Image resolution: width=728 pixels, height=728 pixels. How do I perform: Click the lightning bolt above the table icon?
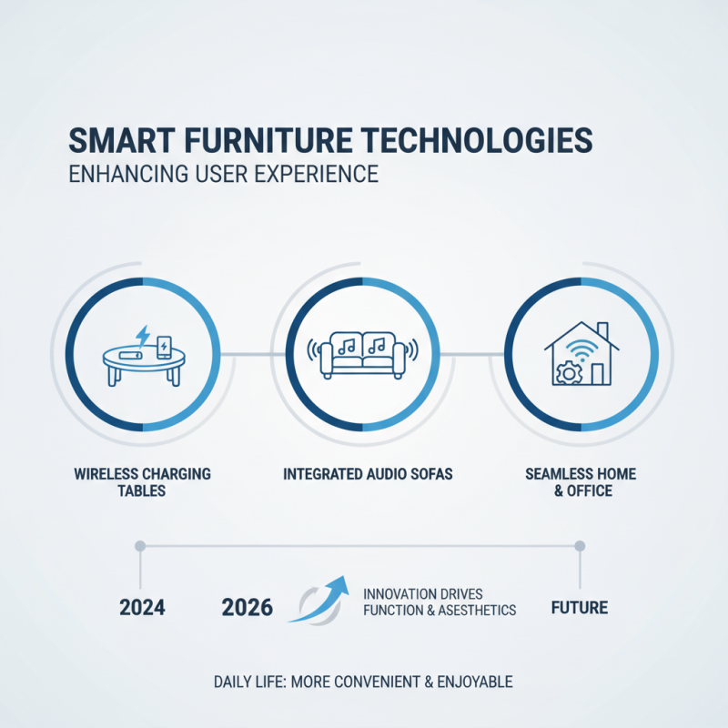pos(143,334)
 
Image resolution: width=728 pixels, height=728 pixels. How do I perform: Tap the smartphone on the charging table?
pos(164,347)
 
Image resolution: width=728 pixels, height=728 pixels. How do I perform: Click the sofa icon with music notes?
pos(363,355)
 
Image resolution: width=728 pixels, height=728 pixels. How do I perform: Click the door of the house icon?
pos(597,374)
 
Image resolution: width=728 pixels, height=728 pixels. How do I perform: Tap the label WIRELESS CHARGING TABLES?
pos(144,482)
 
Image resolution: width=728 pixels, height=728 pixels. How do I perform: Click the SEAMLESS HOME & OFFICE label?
pos(581,482)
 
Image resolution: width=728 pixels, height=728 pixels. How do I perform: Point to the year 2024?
pos(143,608)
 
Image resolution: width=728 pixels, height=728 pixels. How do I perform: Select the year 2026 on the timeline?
pos(248,608)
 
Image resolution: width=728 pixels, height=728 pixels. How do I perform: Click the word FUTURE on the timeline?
pos(580,607)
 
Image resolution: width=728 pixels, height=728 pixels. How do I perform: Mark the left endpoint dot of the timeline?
pos(139,546)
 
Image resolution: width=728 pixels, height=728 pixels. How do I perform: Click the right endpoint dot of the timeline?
pos(580,546)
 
